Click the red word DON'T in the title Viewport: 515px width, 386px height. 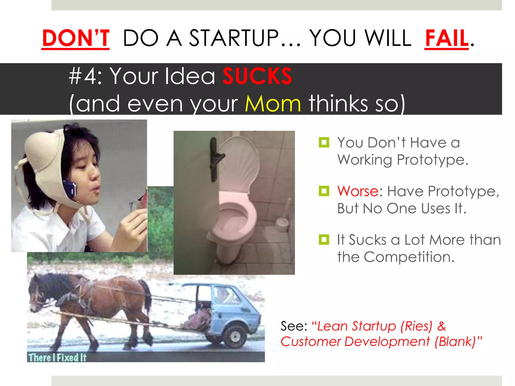pyautogui.click(x=76, y=38)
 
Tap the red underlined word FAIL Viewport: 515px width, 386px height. pyautogui.click(x=447, y=38)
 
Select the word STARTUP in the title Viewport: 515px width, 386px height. pyautogui.click(x=234, y=38)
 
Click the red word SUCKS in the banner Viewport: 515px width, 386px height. pyautogui.click(x=257, y=76)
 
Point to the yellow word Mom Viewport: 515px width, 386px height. pyautogui.click(x=273, y=104)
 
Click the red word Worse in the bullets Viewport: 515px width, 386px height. pyautogui.click(x=358, y=191)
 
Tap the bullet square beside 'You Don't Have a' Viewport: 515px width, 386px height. pyautogui.click(x=324, y=142)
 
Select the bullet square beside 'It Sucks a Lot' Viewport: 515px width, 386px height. pyautogui.click(x=324, y=239)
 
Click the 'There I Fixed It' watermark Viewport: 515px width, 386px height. pyautogui.click(x=57, y=357)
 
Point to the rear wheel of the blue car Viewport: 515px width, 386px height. pyautogui.click(x=235, y=335)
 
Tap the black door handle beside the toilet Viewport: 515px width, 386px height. pyautogui.click(x=215, y=158)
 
